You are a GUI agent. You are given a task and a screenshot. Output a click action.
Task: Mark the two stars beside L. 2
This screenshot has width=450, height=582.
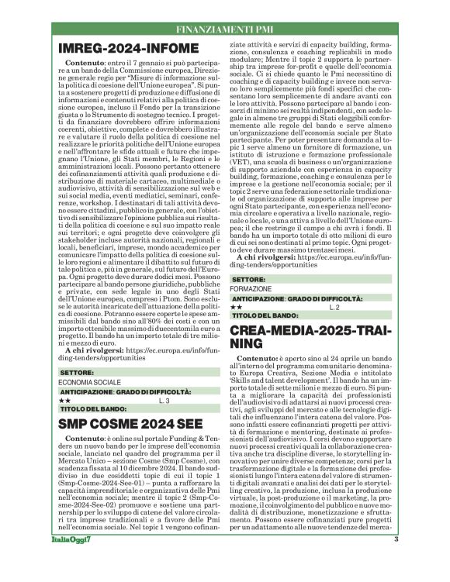pos(237,307)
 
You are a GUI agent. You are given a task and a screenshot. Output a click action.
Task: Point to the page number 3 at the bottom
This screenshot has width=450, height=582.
pos(396,560)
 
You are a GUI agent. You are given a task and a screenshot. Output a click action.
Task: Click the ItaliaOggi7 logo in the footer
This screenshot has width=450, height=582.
pos(80,561)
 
